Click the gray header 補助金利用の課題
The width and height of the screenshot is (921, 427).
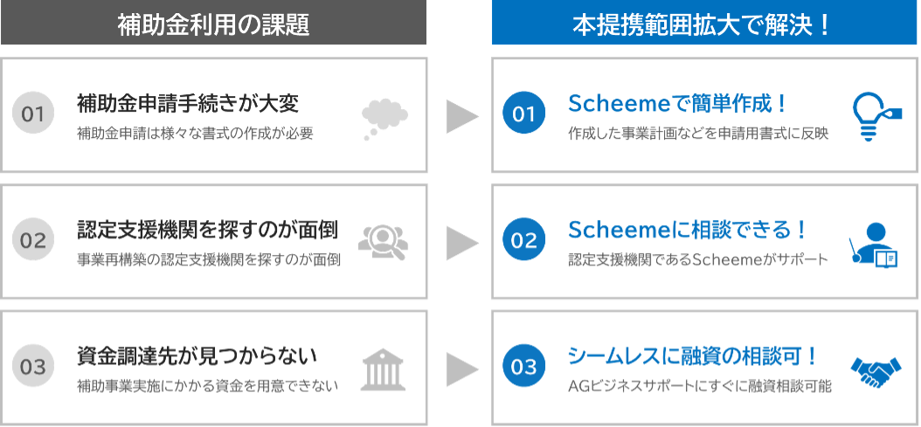pyautogui.click(x=213, y=24)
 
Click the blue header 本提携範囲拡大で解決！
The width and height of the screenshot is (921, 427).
pyautogui.click(x=705, y=24)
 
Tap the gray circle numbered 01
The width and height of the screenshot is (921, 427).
pyautogui.click(x=33, y=114)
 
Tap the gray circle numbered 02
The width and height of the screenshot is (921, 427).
pyautogui.click(x=33, y=241)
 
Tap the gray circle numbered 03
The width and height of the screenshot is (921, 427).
pyautogui.click(x=33, y=368)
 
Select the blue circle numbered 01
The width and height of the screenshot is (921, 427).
pyautogui.click(x=523, y=114)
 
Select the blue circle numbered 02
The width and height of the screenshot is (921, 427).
pyautogui.click(x=523, y=241)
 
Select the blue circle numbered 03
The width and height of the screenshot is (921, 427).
pyautogui.click(x=523, y=368)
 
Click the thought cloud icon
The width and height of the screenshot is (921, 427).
pyautogui.click(x=384, y=118)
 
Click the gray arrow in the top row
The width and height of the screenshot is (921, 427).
pyautogui.click(x=462, y=116)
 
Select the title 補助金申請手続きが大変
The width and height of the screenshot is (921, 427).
pyautogui.click(x=188, y=105)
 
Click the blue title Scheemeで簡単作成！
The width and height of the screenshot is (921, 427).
pyautogui.click(x=677, y=105)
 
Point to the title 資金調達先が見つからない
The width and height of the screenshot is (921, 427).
pyautogui.click(x=197, y=356)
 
